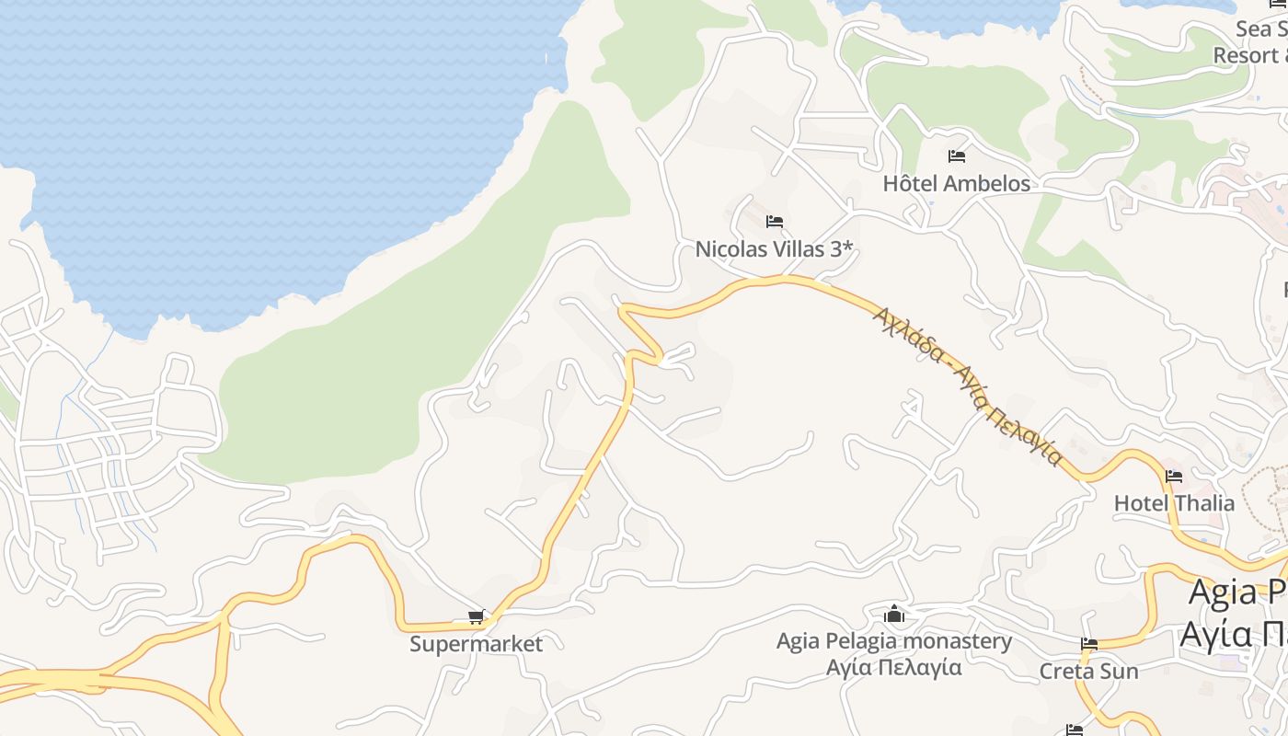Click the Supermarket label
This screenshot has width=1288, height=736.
(476, 644)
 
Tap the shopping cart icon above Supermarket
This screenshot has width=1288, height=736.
(476, 616)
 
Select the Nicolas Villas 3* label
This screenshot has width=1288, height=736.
(775, 248)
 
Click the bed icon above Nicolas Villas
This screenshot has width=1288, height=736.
(775, 221)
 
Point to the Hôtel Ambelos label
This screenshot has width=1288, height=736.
(957, 183)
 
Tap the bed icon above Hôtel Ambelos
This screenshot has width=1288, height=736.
(957, 155)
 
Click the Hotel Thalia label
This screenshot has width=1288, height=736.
(1174, 503)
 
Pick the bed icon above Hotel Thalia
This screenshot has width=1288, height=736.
(1174, 477)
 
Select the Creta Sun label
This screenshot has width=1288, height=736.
(1088, 672)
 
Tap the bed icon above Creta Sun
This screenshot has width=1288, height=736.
(1089, 644)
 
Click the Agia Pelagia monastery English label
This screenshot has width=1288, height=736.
(894, 641)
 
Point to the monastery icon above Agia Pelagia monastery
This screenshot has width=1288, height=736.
(894, 614)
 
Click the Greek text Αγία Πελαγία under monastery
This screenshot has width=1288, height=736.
(894, 667)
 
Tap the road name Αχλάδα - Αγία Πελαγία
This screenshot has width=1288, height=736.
(969, 385)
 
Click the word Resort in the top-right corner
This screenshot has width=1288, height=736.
(1247, 54)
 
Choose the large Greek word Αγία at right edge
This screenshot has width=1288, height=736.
(1215, 634)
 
